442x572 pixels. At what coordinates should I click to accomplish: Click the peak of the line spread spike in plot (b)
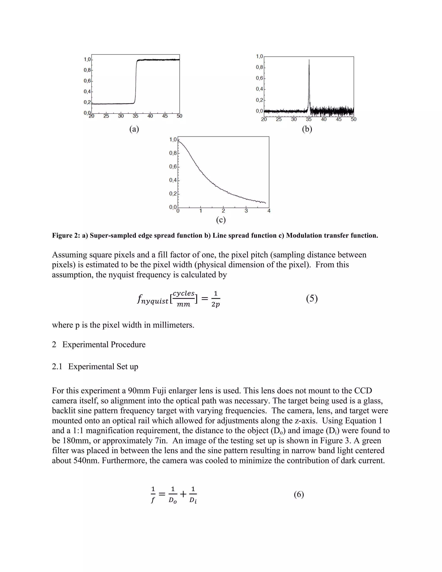(x=309, y=60)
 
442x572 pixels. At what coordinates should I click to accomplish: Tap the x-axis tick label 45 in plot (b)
(x=339, y=119)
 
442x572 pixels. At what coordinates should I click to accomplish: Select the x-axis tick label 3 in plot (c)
(x=246, y=211)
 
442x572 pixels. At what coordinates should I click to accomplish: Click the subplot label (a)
(x=134, y=129)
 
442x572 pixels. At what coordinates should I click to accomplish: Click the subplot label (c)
(x=221, y=220)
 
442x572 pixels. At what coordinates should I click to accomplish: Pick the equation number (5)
(x=312, y=299)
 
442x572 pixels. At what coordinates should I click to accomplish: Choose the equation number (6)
(x=299, y=495)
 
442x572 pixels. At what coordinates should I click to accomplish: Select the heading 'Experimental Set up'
(x=103, y=367)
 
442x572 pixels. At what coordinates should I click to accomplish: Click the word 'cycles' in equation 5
(x=184, y=293)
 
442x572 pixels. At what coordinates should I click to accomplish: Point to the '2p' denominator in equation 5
(x=216, y=305)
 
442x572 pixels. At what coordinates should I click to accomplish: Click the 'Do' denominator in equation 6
(x=173, y=501)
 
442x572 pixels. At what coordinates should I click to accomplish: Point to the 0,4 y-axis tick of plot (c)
(x=173, y=180)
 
